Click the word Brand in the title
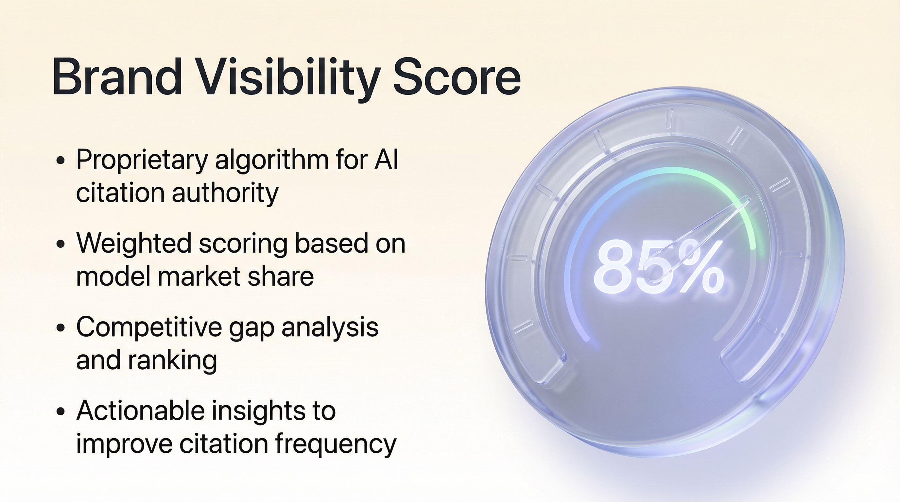pyautogui.click(x=116, y=77)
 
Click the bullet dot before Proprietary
pyautogui.click(x=61, y=160)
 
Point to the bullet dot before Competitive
pyautogui.click(x=61, y=328)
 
